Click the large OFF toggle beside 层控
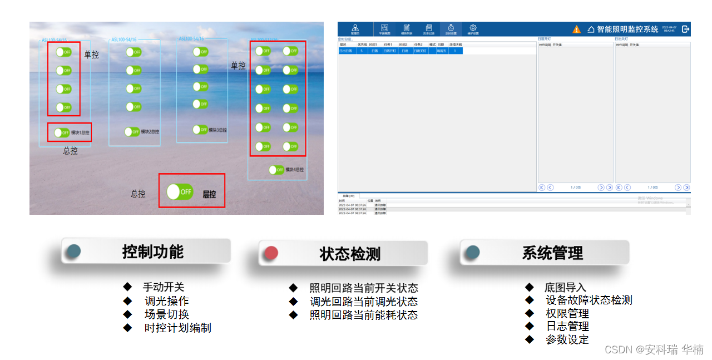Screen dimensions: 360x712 (x=180, y=191)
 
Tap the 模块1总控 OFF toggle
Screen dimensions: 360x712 (x=62, y=132)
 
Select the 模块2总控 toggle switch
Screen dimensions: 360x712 (x=132, y=131)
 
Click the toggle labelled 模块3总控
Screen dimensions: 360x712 (x=200, y=130)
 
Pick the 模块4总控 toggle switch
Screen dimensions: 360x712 (x=276, y=170)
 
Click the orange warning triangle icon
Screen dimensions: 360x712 (x=577, y=29)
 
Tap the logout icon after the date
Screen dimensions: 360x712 (x=686, y=29)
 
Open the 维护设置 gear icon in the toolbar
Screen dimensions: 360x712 (x=473, y=29)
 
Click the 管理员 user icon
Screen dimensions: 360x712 (x=355, y=29)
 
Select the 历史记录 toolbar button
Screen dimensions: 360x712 (x=428, y=29)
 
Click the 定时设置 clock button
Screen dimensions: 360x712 (x=451, y=29)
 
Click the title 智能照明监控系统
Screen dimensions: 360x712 (x=627, y=29)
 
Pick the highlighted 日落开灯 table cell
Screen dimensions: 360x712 (x=390, y=51)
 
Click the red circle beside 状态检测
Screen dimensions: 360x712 (x=271, y=253)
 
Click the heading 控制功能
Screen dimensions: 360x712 (x=152, y=251)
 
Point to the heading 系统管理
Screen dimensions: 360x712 (x=552, y=253)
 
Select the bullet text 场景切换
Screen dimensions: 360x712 (x=167, y=314)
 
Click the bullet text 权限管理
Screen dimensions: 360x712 (x=567, y=313)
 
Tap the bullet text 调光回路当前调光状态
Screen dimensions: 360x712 (x=363, y=302)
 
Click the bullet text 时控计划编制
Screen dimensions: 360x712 (x=177, y=328)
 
